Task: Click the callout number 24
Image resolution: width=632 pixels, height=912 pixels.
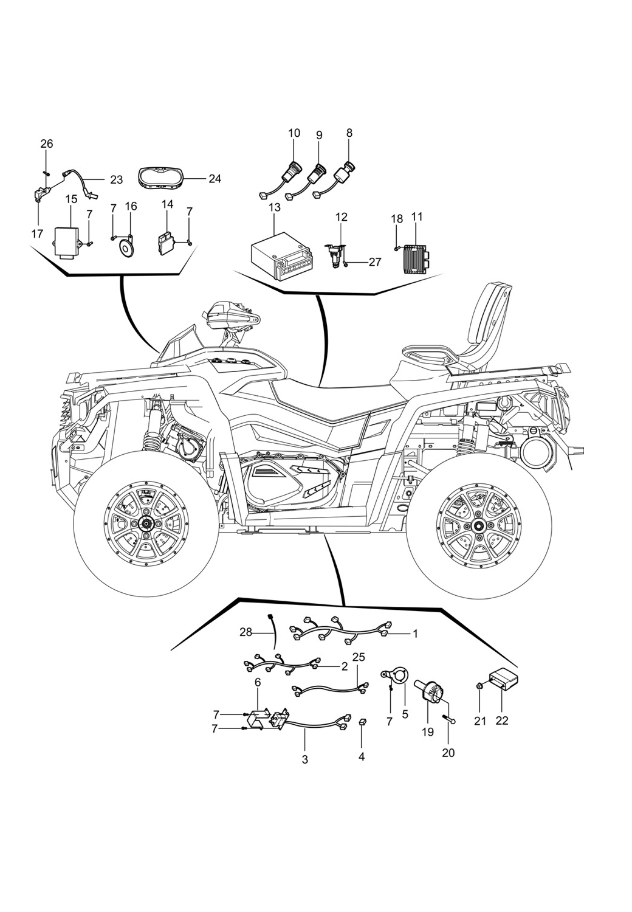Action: [x=215, y=179]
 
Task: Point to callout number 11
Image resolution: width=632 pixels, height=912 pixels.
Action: [x=416, y=216]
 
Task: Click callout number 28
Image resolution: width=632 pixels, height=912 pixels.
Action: [x=246, y=632]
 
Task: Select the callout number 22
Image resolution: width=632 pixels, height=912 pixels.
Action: [x=502, y=721]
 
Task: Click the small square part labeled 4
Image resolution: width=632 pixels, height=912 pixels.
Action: [x=362, y=721]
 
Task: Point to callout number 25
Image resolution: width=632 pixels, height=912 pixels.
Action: [x=359, y=657]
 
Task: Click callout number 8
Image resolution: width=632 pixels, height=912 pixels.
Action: [x=349, y=133]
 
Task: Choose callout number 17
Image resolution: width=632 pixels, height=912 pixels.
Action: [x=38, y=233]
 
